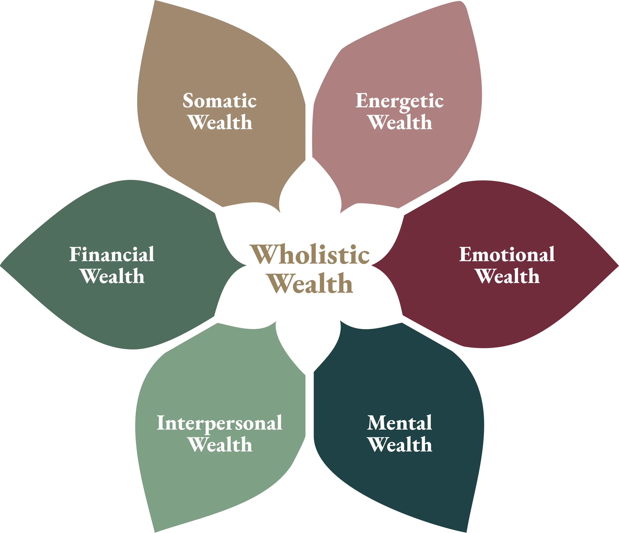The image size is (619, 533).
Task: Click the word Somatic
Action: pyautogui.click(x=220, y=101)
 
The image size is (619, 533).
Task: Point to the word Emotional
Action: pyautogui.click(x=507, y=255)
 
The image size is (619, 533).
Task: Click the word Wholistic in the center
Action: pyautogui.click(x=310, y=255)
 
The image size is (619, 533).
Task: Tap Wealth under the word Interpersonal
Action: pyautogui.click(x=220, y=445)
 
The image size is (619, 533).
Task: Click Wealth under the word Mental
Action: pyautogui.click(x=400, y=445)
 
